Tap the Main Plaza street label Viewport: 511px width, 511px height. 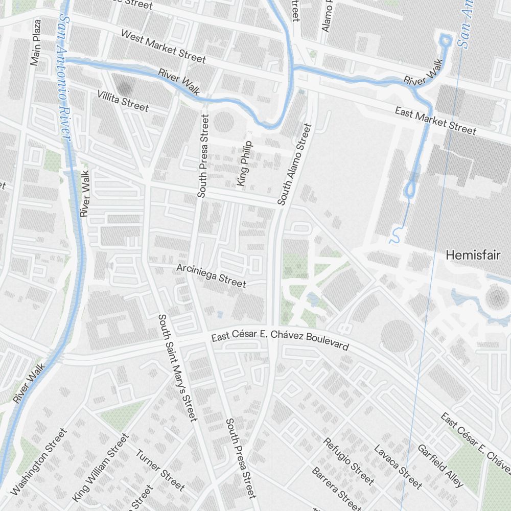35,43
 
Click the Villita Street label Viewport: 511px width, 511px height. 123,101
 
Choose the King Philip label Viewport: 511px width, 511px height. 244,163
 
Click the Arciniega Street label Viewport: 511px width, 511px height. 211,275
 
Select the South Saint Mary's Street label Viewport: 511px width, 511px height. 177,368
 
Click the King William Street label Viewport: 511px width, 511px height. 101,468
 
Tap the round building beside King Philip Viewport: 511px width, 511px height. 223,123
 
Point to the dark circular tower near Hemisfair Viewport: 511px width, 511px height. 496,297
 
